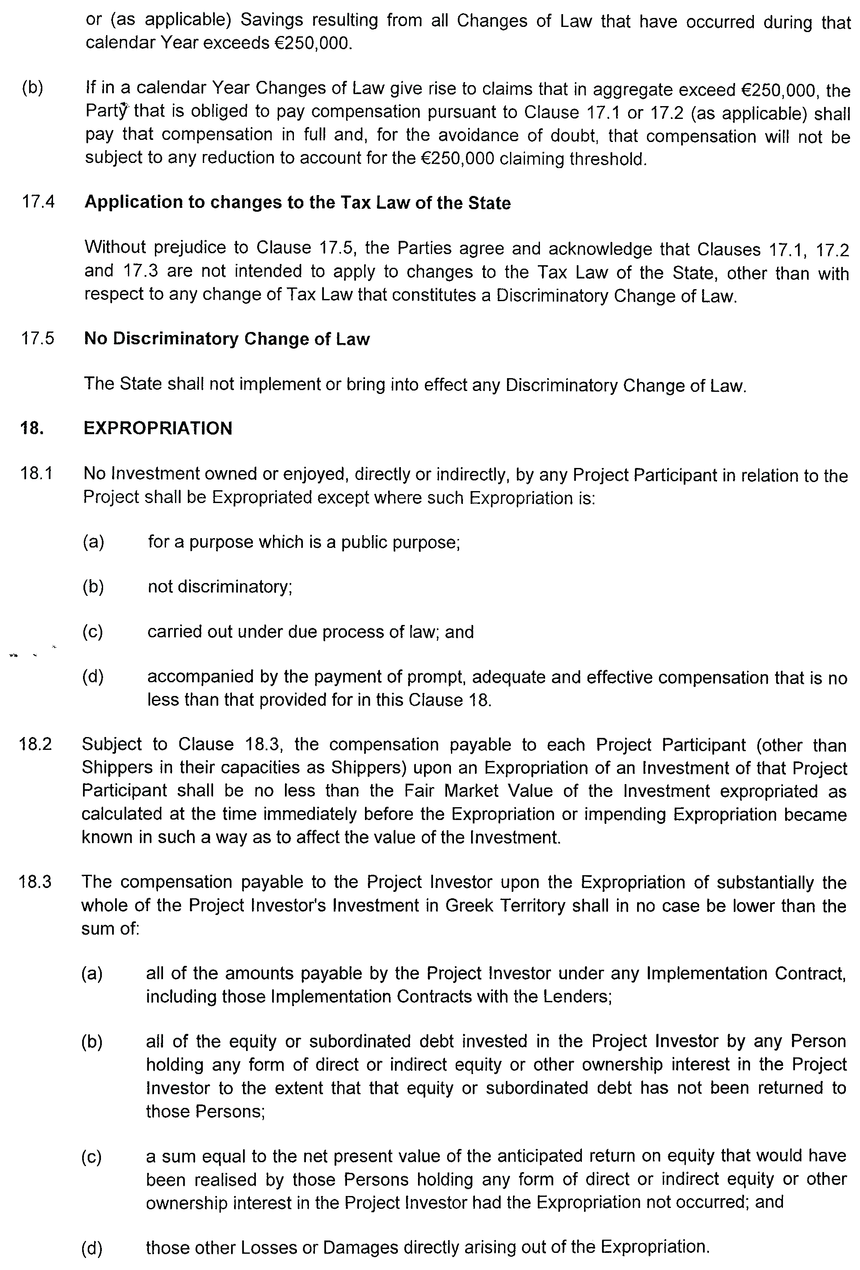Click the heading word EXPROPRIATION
158,428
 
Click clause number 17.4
38,202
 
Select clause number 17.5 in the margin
38,339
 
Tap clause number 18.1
37,473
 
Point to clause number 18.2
36,744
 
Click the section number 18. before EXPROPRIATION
32,428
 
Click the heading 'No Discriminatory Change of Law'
227,339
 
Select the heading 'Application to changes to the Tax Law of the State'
297,203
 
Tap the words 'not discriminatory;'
220,587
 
